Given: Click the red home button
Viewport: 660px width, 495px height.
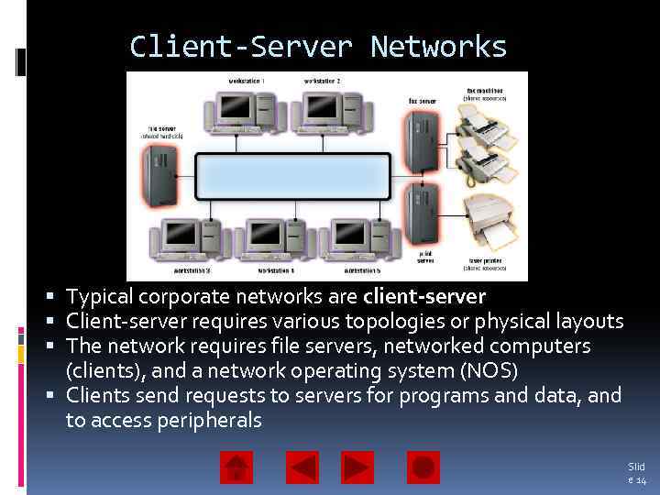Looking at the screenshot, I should click(x=236, y=467).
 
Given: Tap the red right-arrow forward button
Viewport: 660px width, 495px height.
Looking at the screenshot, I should click(x=357, y=467).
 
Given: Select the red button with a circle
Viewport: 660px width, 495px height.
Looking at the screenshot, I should click(x=423, y=467).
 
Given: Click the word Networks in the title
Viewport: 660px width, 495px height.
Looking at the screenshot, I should click(x=438, y=47).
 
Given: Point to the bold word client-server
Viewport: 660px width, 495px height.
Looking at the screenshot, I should click(x=424, y=297).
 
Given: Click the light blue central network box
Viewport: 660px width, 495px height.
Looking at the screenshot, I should click(x=293, y=178).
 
